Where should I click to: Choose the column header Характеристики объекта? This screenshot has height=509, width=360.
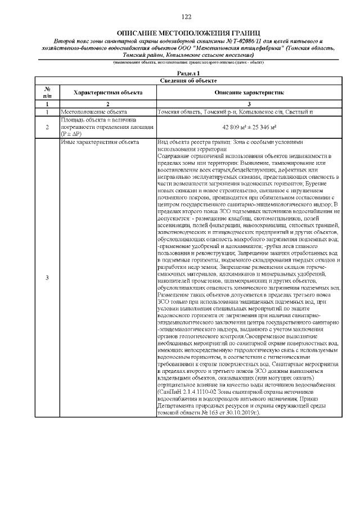click(106, 93)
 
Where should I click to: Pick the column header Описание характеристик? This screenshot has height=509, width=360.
click(249, 93)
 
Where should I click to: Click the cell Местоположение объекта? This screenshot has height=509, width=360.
click(91, 112)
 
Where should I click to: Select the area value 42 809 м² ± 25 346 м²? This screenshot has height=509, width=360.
click(249, 127)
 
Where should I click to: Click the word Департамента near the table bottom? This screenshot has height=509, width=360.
click(179, 406)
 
